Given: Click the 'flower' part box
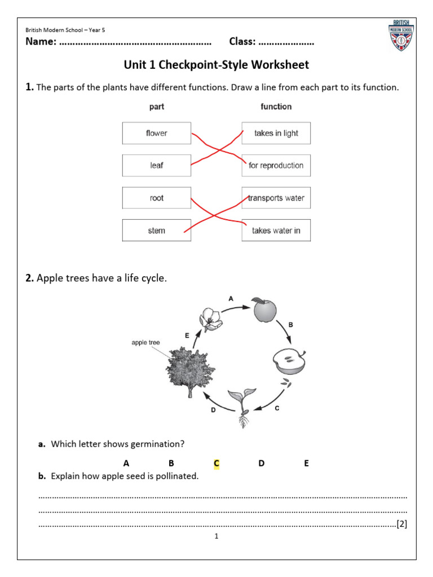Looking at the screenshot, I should coord(156,133).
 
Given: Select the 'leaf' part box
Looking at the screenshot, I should coord(156,166).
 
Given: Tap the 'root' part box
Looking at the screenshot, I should coord(156,198).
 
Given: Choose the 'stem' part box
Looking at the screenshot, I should coord(156,230).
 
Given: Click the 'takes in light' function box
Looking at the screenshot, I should coord(276,133).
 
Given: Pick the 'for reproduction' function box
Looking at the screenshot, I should coord(276,166).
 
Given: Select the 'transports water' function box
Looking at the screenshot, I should coord(276,198).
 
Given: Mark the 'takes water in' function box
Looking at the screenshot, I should coord(276,230).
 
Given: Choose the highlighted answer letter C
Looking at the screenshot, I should coord(216,463).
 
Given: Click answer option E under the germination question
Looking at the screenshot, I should coord(306,463).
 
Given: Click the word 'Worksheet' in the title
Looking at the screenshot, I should coord(280,65).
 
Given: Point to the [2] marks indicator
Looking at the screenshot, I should coord(401,524).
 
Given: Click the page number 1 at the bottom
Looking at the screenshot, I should coord(216,536).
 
